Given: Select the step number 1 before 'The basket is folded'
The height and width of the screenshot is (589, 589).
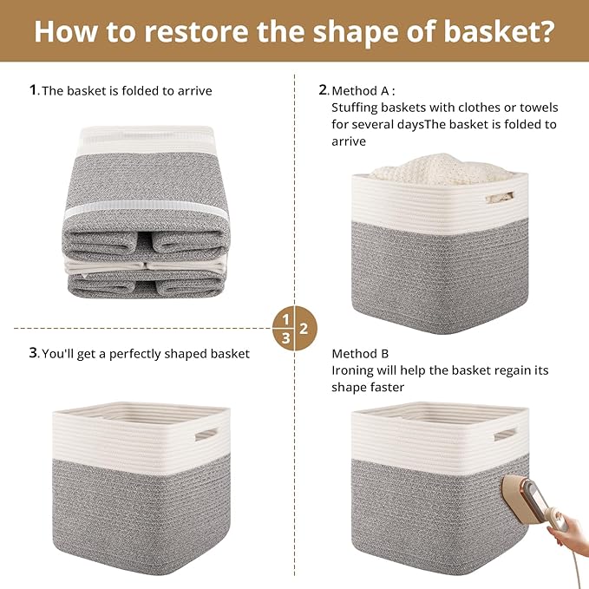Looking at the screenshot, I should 33,89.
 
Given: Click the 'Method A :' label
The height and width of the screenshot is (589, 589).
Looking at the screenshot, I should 363,89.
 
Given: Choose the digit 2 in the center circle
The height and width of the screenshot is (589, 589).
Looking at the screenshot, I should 304,329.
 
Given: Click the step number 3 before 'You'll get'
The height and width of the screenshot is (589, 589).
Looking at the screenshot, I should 33,353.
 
